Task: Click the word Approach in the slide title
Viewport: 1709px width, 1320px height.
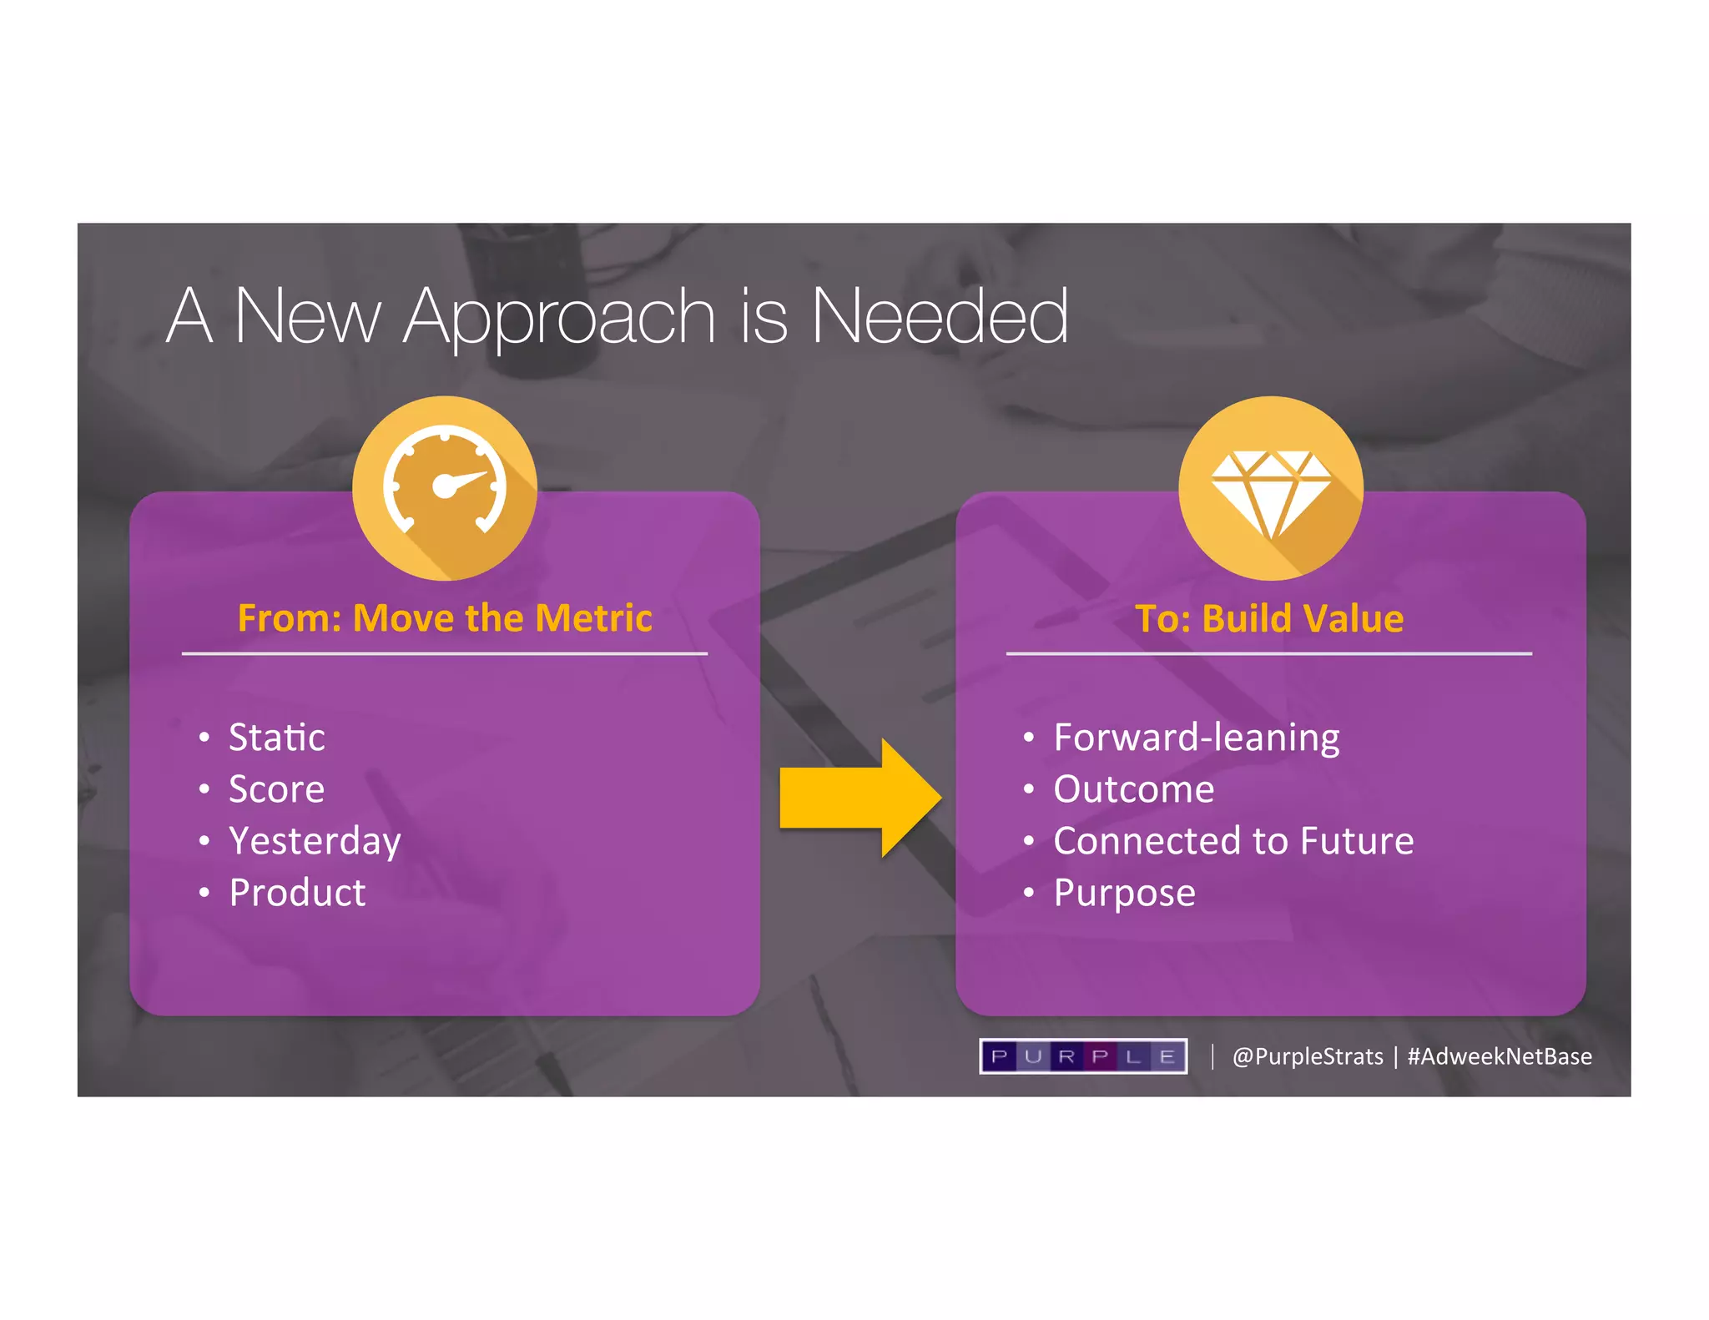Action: coord(559,317)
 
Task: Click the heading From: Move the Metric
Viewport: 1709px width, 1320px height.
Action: coord(445,618)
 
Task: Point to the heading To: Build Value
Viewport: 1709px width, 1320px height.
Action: coord(1269,618)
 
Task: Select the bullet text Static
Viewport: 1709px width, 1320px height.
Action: coord(276,738)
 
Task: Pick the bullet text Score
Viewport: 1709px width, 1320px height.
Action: coord(276,789)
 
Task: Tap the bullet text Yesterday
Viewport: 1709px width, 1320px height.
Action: coord(315,841)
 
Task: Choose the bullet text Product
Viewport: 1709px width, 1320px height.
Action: coord(297,893)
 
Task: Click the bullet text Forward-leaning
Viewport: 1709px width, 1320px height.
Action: coord(1196,738)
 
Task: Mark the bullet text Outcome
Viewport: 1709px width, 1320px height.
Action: coord(1133,789)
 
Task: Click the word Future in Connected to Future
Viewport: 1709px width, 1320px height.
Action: coord(1357,841)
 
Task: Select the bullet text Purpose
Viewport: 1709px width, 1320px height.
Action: coord(1124,893)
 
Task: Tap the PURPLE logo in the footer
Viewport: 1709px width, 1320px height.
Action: coord(1083,1056)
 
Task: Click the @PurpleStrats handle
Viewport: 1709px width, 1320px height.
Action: coord(1308,1056)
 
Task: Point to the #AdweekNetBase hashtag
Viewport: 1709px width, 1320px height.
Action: coord(1500,1056)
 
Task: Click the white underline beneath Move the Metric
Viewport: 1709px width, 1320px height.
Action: coord(445,654)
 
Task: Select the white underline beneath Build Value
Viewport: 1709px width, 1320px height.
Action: coord(1269,654)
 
